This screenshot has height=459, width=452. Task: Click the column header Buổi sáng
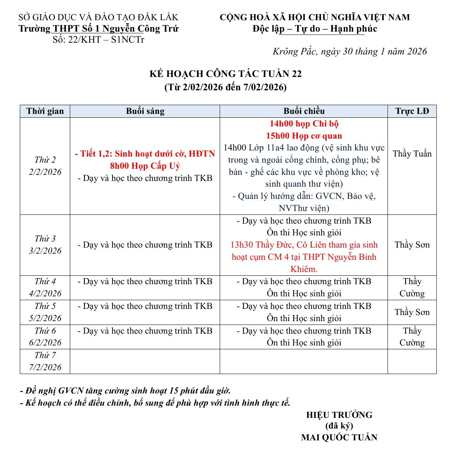145,111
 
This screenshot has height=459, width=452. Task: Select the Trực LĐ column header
412,111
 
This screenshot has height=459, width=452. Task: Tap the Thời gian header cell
45,111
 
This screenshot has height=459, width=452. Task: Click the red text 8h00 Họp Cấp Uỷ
145,166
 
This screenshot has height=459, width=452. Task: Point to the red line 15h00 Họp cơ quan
304,136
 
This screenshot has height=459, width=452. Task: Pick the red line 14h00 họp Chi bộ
304,124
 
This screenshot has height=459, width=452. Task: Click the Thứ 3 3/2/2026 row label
45,245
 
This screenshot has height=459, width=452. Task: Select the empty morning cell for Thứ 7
145,361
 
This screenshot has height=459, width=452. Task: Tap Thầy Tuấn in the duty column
412,154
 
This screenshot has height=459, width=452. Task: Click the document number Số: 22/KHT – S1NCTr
98,40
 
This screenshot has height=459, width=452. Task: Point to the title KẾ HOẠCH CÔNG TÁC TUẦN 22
225,74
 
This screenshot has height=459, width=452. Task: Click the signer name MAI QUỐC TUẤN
339,437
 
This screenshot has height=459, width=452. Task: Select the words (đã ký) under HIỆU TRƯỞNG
339,426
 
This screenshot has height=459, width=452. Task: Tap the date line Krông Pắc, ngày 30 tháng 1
349,52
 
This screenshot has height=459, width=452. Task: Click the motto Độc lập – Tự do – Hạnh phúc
315,29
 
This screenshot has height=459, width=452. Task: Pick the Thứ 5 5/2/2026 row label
45,312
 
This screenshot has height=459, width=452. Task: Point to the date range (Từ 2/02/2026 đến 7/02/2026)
225,87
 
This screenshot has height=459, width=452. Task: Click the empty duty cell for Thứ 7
412,361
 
